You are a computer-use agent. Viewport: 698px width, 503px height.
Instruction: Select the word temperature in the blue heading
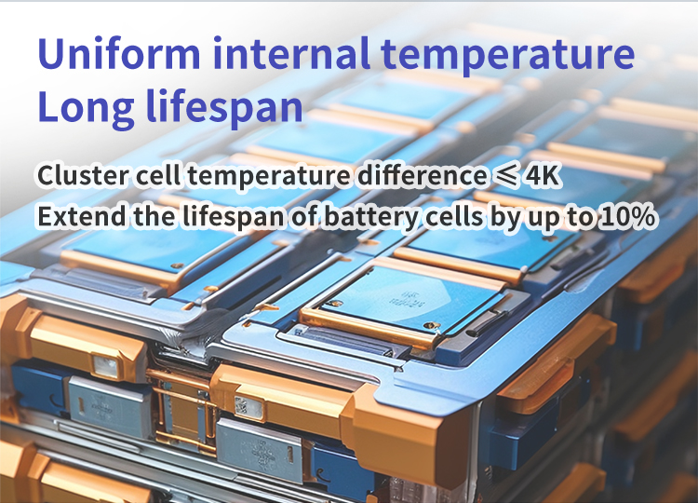508,57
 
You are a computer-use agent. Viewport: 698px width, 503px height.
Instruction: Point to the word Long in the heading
86,108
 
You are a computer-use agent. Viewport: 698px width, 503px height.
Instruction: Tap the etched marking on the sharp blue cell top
406,299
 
